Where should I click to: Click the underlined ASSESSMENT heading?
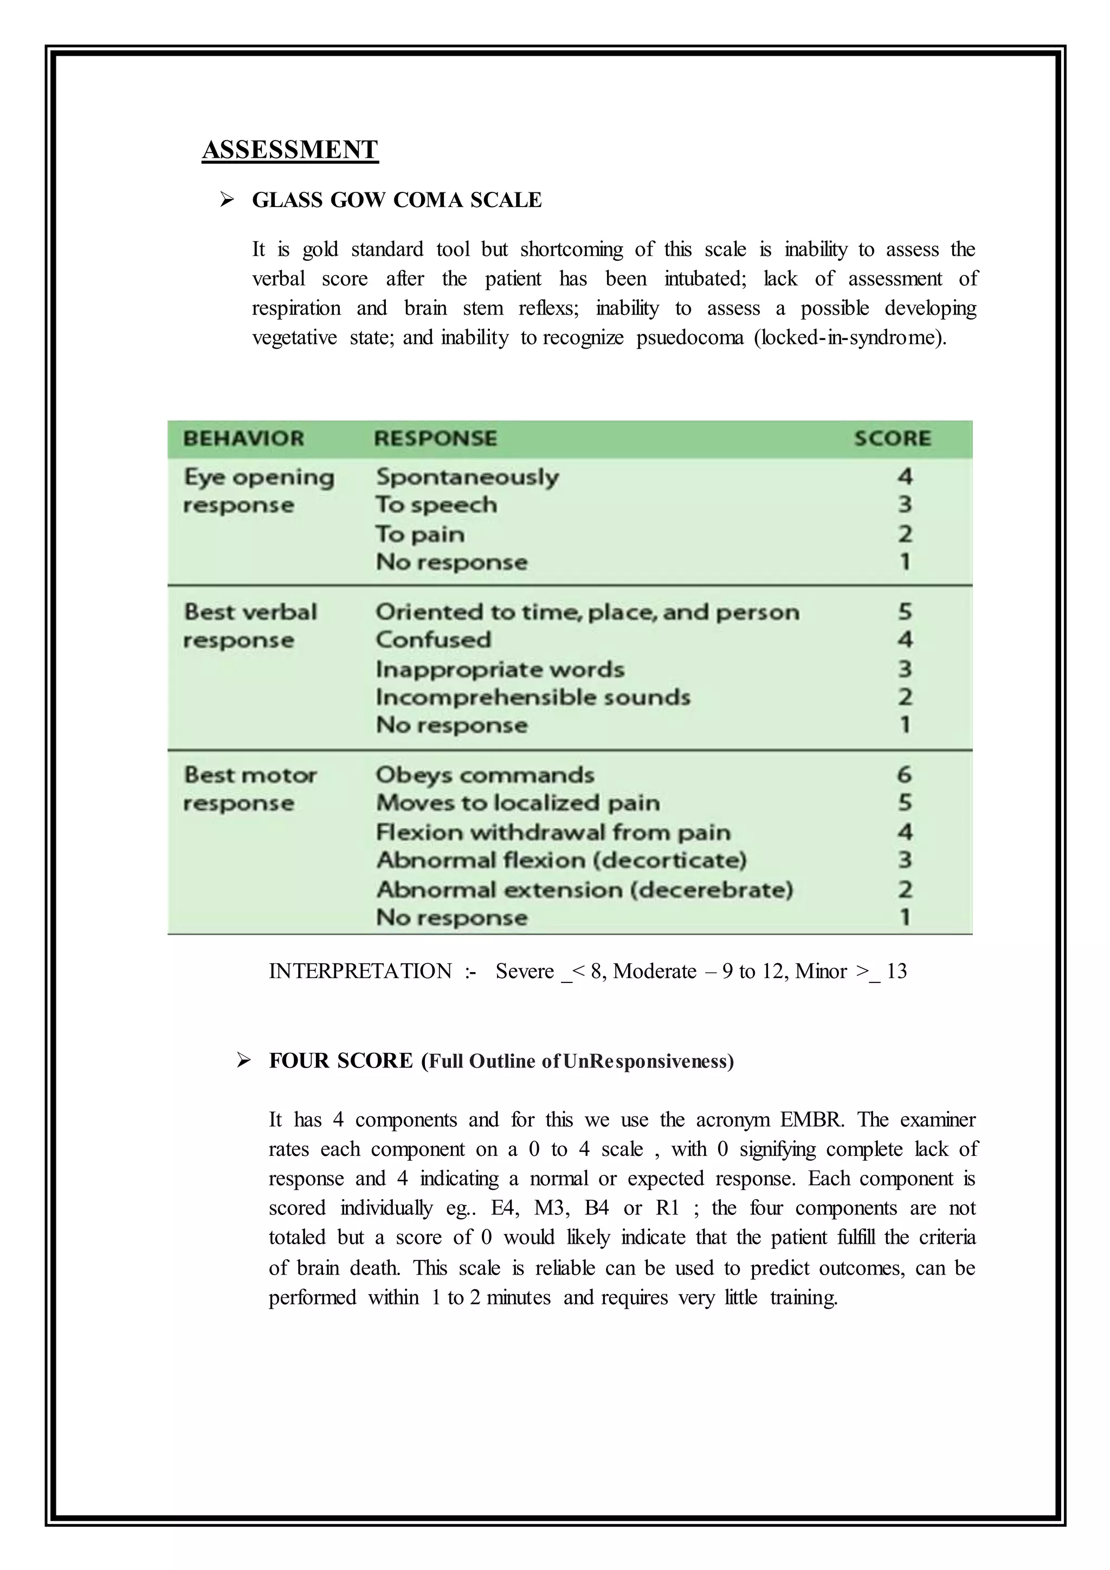290,150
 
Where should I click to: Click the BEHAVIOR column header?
243,439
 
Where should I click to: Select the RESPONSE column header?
435,439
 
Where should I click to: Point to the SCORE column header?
892,439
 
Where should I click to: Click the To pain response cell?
420,534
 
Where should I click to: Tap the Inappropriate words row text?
500,669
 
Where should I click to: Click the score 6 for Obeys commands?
904,775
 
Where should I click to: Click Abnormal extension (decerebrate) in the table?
584,890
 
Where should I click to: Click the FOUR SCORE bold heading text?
341,1060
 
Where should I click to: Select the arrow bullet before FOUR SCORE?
243,1060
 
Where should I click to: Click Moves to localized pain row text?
518,803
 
